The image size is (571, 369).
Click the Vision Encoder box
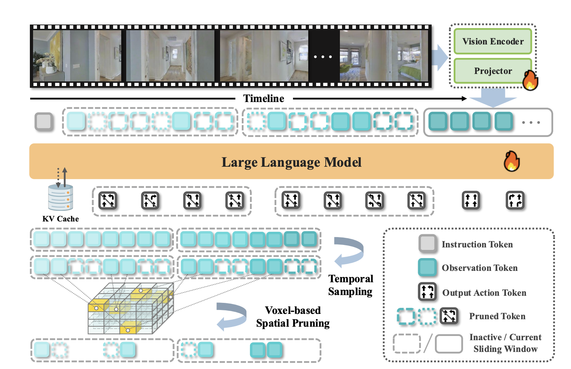[x=493, y=42]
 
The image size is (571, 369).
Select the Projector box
[x=493, y=71]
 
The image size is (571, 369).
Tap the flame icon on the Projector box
[x=530, y=80]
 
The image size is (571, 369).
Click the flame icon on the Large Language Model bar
[x=512, y=162]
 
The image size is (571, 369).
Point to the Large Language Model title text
[x=291, y=162]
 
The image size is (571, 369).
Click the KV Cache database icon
[x=61, y=198]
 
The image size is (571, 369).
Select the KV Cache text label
[x=60, y=219]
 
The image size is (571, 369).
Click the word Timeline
[x=263, y=98]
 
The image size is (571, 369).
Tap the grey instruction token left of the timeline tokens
[x=44, y=121]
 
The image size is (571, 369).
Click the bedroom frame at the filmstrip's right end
[x=384, y=56]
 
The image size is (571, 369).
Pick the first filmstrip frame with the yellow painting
[x=77, y=56]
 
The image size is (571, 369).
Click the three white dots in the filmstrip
[x=323, y=57]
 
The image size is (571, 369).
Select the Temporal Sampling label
[x=351, y=285]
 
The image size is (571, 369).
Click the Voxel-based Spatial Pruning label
[x=293, y=317]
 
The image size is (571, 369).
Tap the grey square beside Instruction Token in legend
[x=427, y=244]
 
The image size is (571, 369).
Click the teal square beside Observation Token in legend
[x=427, y=268]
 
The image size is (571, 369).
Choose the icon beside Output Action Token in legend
[x=427, y=292]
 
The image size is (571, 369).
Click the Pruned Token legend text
[x=497, y=316]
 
